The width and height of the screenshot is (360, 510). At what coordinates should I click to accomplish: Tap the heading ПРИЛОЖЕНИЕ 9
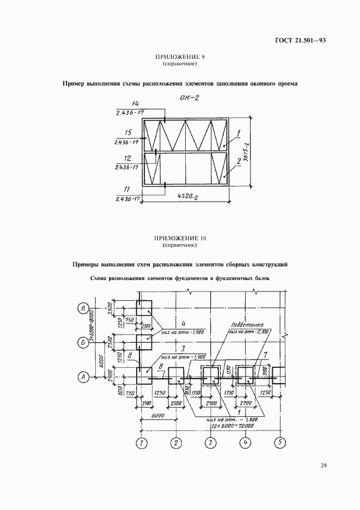point(179,58)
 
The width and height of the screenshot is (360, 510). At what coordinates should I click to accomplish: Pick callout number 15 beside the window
point(129,132)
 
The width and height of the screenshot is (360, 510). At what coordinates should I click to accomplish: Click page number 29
point(323,465)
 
